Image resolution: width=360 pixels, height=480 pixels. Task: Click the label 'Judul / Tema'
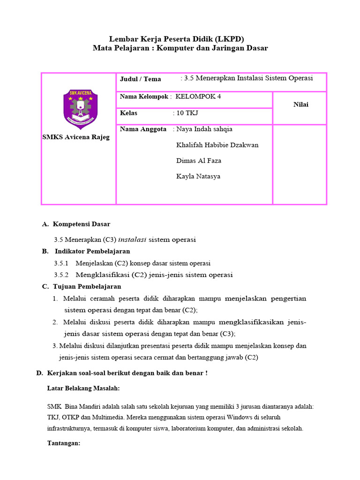coord(140,79)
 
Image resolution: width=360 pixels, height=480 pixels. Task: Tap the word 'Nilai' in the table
coord(301,105)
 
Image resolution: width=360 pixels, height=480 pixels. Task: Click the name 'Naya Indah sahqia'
coord(204,129)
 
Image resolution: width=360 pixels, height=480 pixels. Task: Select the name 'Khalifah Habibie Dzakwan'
coord(217,145)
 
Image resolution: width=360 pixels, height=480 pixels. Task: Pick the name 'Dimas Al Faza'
coord(199,161)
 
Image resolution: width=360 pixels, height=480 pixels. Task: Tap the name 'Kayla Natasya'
coord(198,177)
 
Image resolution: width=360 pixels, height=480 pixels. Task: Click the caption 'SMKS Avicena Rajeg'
coord(76,137)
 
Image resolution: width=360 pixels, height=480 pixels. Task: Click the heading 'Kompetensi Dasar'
coord(82,224)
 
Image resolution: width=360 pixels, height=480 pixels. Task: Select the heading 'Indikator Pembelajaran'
coord(92,251)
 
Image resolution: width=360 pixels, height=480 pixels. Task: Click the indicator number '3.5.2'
coord(61,275)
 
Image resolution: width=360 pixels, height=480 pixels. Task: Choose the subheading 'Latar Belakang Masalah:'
coord(83,388)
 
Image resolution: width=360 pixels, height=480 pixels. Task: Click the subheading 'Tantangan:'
coord(64,443)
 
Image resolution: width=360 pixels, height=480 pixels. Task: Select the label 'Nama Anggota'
coord(143,129)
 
